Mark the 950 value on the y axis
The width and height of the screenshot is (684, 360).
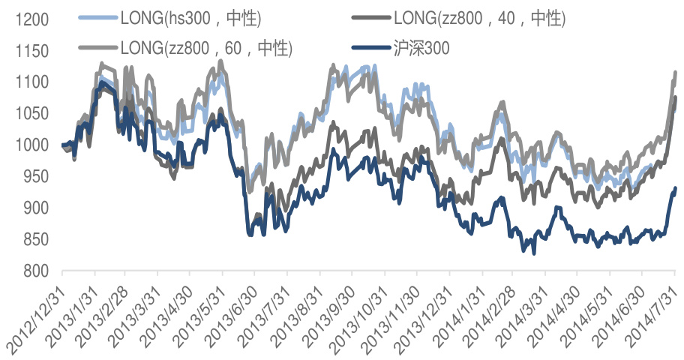pos(33,176)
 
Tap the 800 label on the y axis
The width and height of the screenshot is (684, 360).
pos(33,271)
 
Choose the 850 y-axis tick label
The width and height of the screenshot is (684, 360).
pos(33,239)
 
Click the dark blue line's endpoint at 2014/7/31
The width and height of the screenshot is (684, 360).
pos(675,189)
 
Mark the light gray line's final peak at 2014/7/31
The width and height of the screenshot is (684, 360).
pos(675,73)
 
